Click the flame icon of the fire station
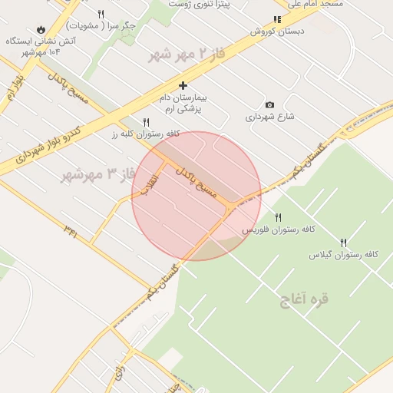(41, 28)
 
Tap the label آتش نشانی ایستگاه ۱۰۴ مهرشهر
(41, 46)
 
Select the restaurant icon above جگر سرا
(101, 14)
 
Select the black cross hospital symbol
(183, 85)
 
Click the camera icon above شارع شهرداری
(269, 104)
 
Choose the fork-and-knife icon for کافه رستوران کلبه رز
(146, 122)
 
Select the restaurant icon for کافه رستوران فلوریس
(278, 217)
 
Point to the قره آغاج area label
(305, 299)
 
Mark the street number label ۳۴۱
(71, 228)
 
